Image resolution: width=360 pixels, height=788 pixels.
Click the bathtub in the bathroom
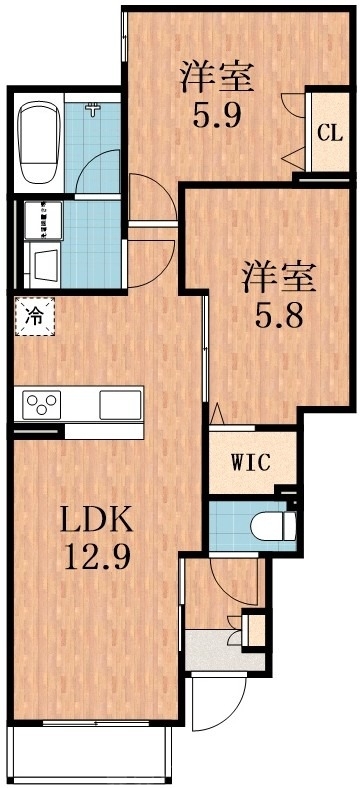[x=39, y=143]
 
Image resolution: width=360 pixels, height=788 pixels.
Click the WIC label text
[x=251, y=462]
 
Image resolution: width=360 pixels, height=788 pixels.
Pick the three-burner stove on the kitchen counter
[x=45, y=404]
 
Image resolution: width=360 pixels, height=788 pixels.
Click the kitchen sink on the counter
[x=121, y=404]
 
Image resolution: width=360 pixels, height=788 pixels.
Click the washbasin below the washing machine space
[x=46, y=266]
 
